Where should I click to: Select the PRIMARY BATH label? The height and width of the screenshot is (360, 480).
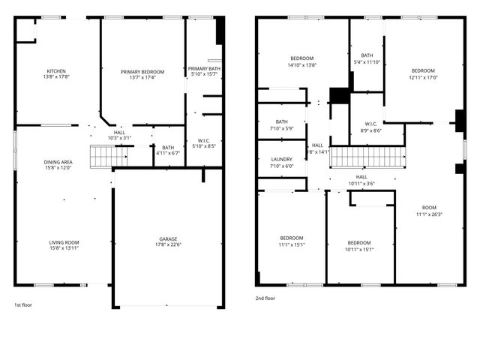click(204, 68)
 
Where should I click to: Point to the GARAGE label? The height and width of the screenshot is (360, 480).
click(167, 239)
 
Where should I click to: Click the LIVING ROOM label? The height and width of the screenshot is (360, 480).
click(64, 242)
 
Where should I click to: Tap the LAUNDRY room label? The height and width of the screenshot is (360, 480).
click(281, 160)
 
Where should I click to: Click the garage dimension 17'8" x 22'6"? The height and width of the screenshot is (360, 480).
click(167, 245)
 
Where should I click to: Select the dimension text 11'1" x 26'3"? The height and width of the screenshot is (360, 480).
click(429, 214)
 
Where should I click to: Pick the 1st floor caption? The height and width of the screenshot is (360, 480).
click(23, 305)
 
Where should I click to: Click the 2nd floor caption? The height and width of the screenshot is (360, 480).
click(265, 298)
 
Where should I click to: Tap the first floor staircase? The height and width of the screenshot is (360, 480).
click(101, 157)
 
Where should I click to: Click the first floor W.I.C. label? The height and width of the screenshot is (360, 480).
click(204, 140)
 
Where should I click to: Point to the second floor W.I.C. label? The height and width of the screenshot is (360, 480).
click(370, 124)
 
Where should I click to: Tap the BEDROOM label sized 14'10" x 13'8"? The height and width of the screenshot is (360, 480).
click(302, 58)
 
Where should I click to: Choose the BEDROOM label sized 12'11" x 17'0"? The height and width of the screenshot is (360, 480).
click(423, 71)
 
